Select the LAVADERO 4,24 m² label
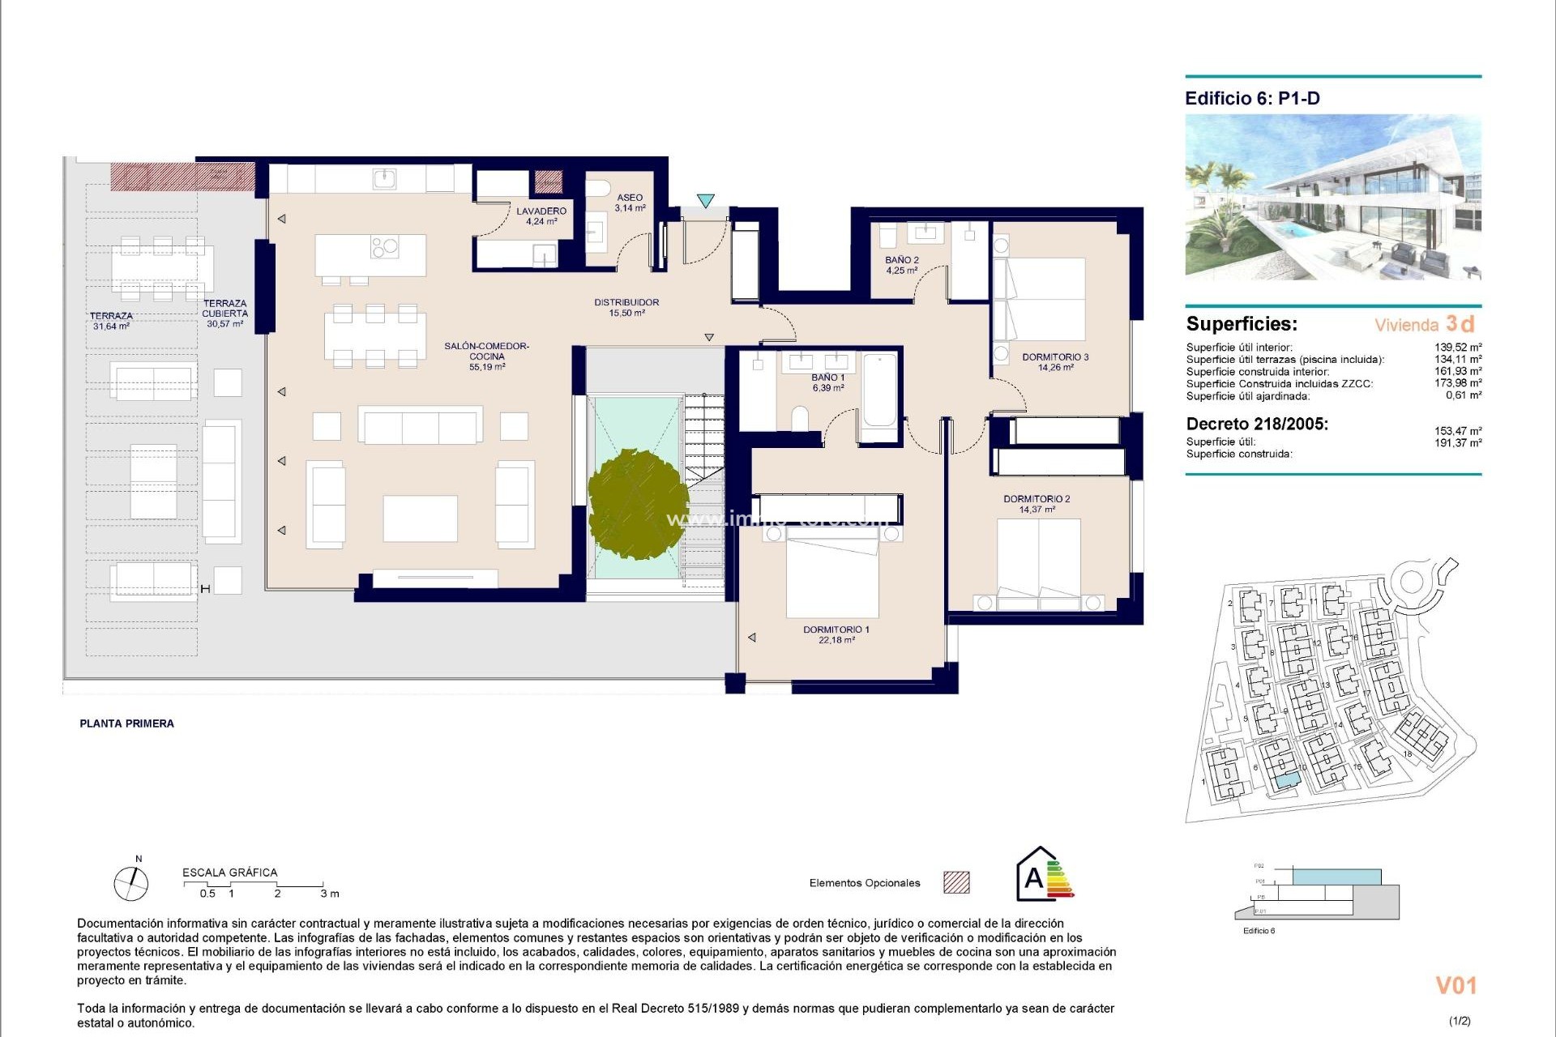541,216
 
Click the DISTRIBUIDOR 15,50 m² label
626,307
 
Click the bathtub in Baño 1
879,390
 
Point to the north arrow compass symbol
131,882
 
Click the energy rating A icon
1044,875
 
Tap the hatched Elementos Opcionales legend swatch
956,882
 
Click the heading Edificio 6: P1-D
1252,99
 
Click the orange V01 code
1456,986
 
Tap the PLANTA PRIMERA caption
126,723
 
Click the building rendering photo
1333,197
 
